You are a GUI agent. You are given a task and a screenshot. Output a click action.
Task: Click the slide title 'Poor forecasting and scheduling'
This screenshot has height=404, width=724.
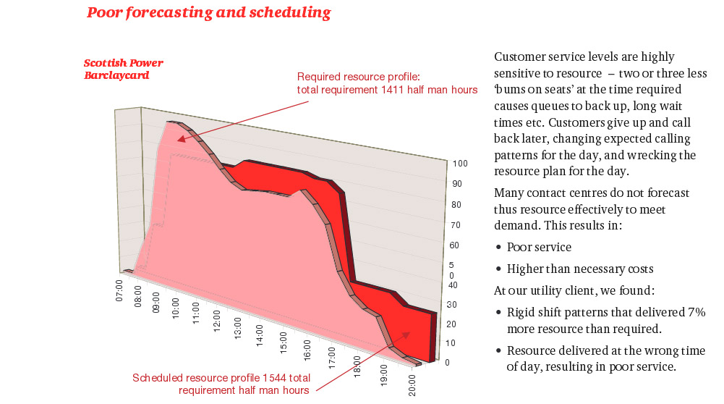click(208, 12)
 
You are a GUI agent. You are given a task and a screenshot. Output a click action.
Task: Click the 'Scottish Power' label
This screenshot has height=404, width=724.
click(124, 63)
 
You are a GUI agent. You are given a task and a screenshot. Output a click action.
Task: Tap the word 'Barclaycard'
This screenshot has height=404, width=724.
click(116, 75)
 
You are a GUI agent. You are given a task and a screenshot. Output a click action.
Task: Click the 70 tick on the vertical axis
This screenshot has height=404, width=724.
click(456, 225)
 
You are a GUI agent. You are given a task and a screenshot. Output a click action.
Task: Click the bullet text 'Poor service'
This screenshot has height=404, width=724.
click(539, 247)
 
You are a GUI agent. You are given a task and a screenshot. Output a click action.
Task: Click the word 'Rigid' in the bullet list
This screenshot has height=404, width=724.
click(521, 312)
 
